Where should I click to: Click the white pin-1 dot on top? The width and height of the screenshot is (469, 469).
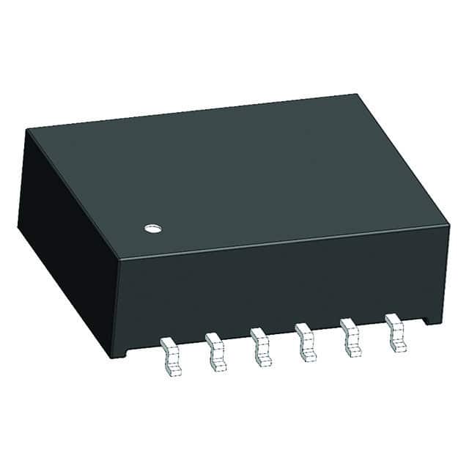tap(152, 229)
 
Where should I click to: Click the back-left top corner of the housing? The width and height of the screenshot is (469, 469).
tap(27, 130)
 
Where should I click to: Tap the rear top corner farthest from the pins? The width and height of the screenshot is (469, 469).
tap(360, 95)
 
